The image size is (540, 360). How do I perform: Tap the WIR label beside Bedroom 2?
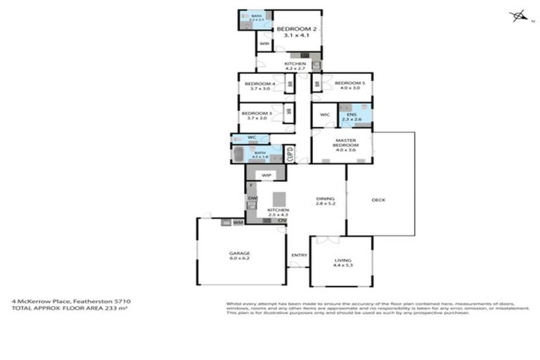click(264, 44)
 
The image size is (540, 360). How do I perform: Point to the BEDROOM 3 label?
click(257, 113)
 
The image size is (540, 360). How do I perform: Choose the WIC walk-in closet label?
click(325, 115)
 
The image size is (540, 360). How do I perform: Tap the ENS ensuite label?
click(351, 115)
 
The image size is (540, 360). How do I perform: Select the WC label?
click(251, 137)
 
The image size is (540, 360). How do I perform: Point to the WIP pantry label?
click(266, 174)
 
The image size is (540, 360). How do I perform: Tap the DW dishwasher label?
click(251, 199)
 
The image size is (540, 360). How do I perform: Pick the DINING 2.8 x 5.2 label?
click(325, 204)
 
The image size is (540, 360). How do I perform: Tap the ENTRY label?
click(299, 255)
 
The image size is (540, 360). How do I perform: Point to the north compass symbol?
click(519, 15)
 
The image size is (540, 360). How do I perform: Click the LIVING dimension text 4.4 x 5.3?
click(340, 264)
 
